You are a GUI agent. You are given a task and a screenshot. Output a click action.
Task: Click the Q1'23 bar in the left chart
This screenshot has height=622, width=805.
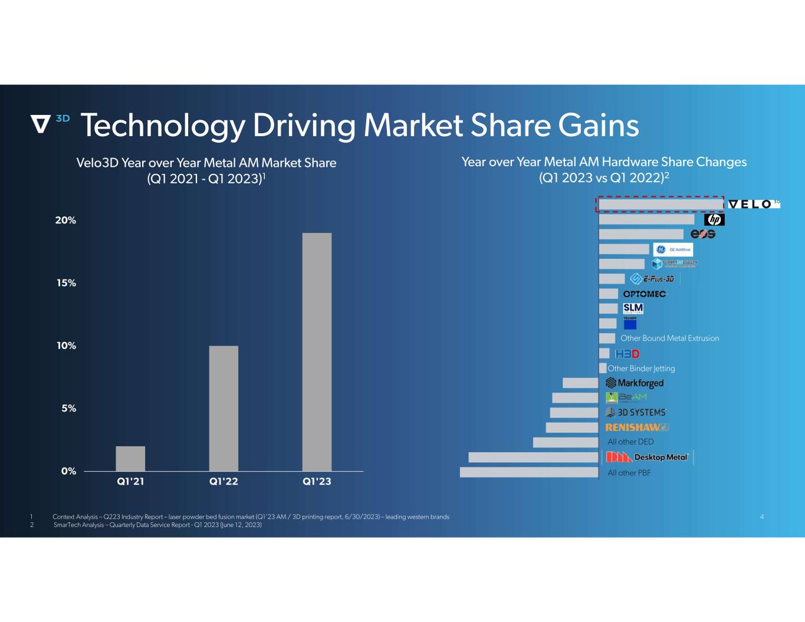click(x=317, y=352)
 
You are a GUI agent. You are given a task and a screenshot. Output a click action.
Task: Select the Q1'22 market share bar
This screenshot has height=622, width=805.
click(x=224, y=408)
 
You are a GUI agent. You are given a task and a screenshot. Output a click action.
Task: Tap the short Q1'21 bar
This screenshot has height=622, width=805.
click(x=130, y=458)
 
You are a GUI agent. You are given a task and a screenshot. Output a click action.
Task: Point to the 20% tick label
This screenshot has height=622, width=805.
click(x=66, y=221)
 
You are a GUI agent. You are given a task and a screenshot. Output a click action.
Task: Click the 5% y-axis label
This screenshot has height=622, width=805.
click(x=69, y=408)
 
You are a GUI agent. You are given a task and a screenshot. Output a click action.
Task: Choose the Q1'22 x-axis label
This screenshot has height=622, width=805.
click(x=224, y=481)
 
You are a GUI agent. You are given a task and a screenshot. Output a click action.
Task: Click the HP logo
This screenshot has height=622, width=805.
click(x=714, y=219)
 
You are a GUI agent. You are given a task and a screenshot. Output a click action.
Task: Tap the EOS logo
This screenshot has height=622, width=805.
click(x=703, y=234)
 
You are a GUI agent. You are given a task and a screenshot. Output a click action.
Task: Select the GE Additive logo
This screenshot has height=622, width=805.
click(x=673, y=249)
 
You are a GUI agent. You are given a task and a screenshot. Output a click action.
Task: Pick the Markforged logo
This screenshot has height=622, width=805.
click(x=635, y=383)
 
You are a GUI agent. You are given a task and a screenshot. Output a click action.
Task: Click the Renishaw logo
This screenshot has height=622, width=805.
click(x=637, y=427)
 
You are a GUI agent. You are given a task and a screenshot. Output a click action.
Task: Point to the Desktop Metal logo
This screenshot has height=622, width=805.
click(x=648, y=457)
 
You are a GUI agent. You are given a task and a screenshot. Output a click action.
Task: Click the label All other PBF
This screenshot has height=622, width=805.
click(x=629, y=473)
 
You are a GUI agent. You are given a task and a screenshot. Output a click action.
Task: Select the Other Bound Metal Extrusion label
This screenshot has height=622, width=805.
click(x=669, y=338)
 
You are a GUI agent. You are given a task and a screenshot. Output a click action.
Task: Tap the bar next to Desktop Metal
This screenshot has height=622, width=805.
click(x=533, y=457)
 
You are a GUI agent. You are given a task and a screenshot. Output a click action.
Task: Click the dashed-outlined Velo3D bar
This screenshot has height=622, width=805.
click(x=661, y=204)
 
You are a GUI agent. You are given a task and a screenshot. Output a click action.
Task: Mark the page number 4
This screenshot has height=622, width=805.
click(x=762, y=517)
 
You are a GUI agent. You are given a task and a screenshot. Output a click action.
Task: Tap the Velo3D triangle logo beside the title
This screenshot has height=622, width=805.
click(x=41, y=123)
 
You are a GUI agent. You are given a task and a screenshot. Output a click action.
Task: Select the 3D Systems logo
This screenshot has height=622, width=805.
click(x=636, y=413)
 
